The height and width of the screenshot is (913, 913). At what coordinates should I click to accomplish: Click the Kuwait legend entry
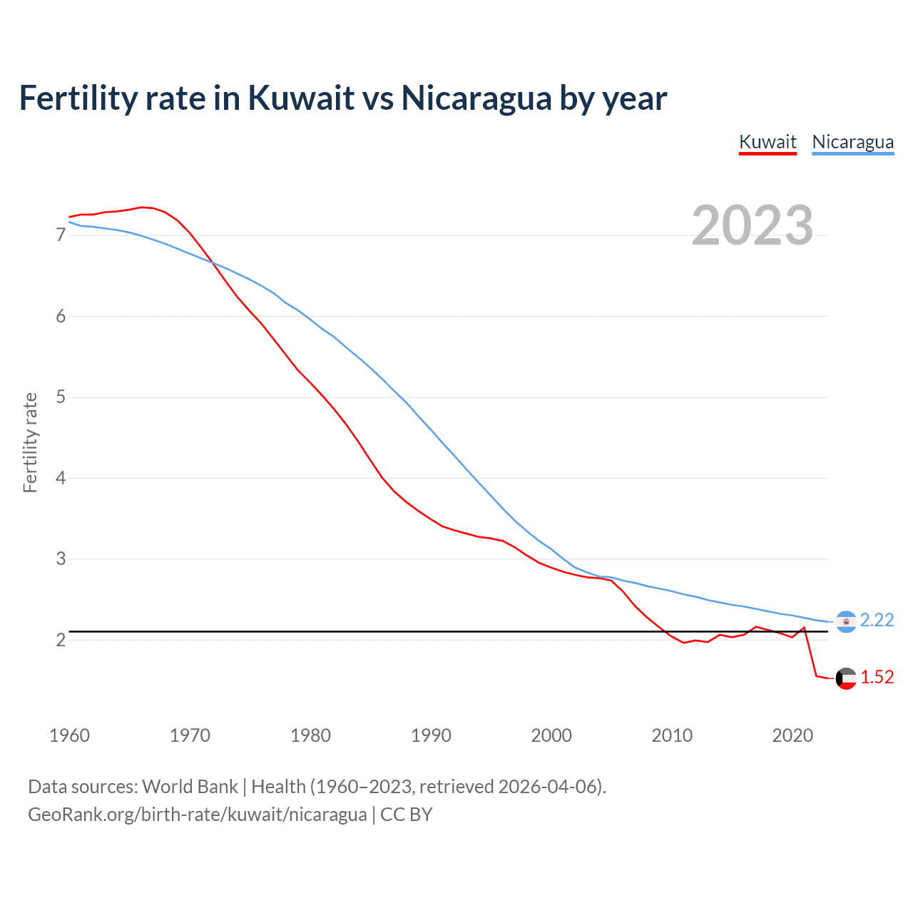[x=767, y=142]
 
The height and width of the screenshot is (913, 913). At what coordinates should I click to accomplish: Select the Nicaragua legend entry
[x=852, y=142]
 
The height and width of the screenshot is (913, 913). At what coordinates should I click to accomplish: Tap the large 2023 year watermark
[x=753, y=225]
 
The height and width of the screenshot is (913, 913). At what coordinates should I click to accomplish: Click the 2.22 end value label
[x=877, y=621]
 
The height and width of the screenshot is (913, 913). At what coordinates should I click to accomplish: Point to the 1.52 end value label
[x=877, y=678]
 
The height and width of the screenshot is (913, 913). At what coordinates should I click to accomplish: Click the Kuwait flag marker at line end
[x=846, y=678]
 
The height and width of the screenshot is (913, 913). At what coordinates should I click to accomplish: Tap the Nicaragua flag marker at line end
[x=846, y=622]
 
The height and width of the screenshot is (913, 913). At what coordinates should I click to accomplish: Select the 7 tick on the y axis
[x=61, y=235]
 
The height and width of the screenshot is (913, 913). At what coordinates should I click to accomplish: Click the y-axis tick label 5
[x=61, y=397]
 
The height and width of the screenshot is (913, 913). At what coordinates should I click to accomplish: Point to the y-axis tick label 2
[x=61, y=640]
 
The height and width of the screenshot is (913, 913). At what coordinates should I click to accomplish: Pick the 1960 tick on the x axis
[x=69, y=735]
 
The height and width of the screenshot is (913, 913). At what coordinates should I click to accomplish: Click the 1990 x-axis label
[x=431, y=735]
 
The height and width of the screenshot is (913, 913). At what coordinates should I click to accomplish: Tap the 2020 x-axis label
[x=792, y=735]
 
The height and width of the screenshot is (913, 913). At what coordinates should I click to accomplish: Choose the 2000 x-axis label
[x=551, y=735]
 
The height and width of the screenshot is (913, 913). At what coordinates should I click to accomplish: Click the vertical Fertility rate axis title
[x=30, y=442]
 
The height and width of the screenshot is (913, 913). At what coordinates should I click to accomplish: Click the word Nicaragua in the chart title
[x=476, y=98]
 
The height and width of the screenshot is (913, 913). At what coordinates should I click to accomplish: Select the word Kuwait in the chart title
[x=301, y=98]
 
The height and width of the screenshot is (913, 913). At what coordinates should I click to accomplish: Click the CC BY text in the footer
[x=407, y=815]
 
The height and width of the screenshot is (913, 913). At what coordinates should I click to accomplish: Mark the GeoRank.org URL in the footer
[x=197, y=815]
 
